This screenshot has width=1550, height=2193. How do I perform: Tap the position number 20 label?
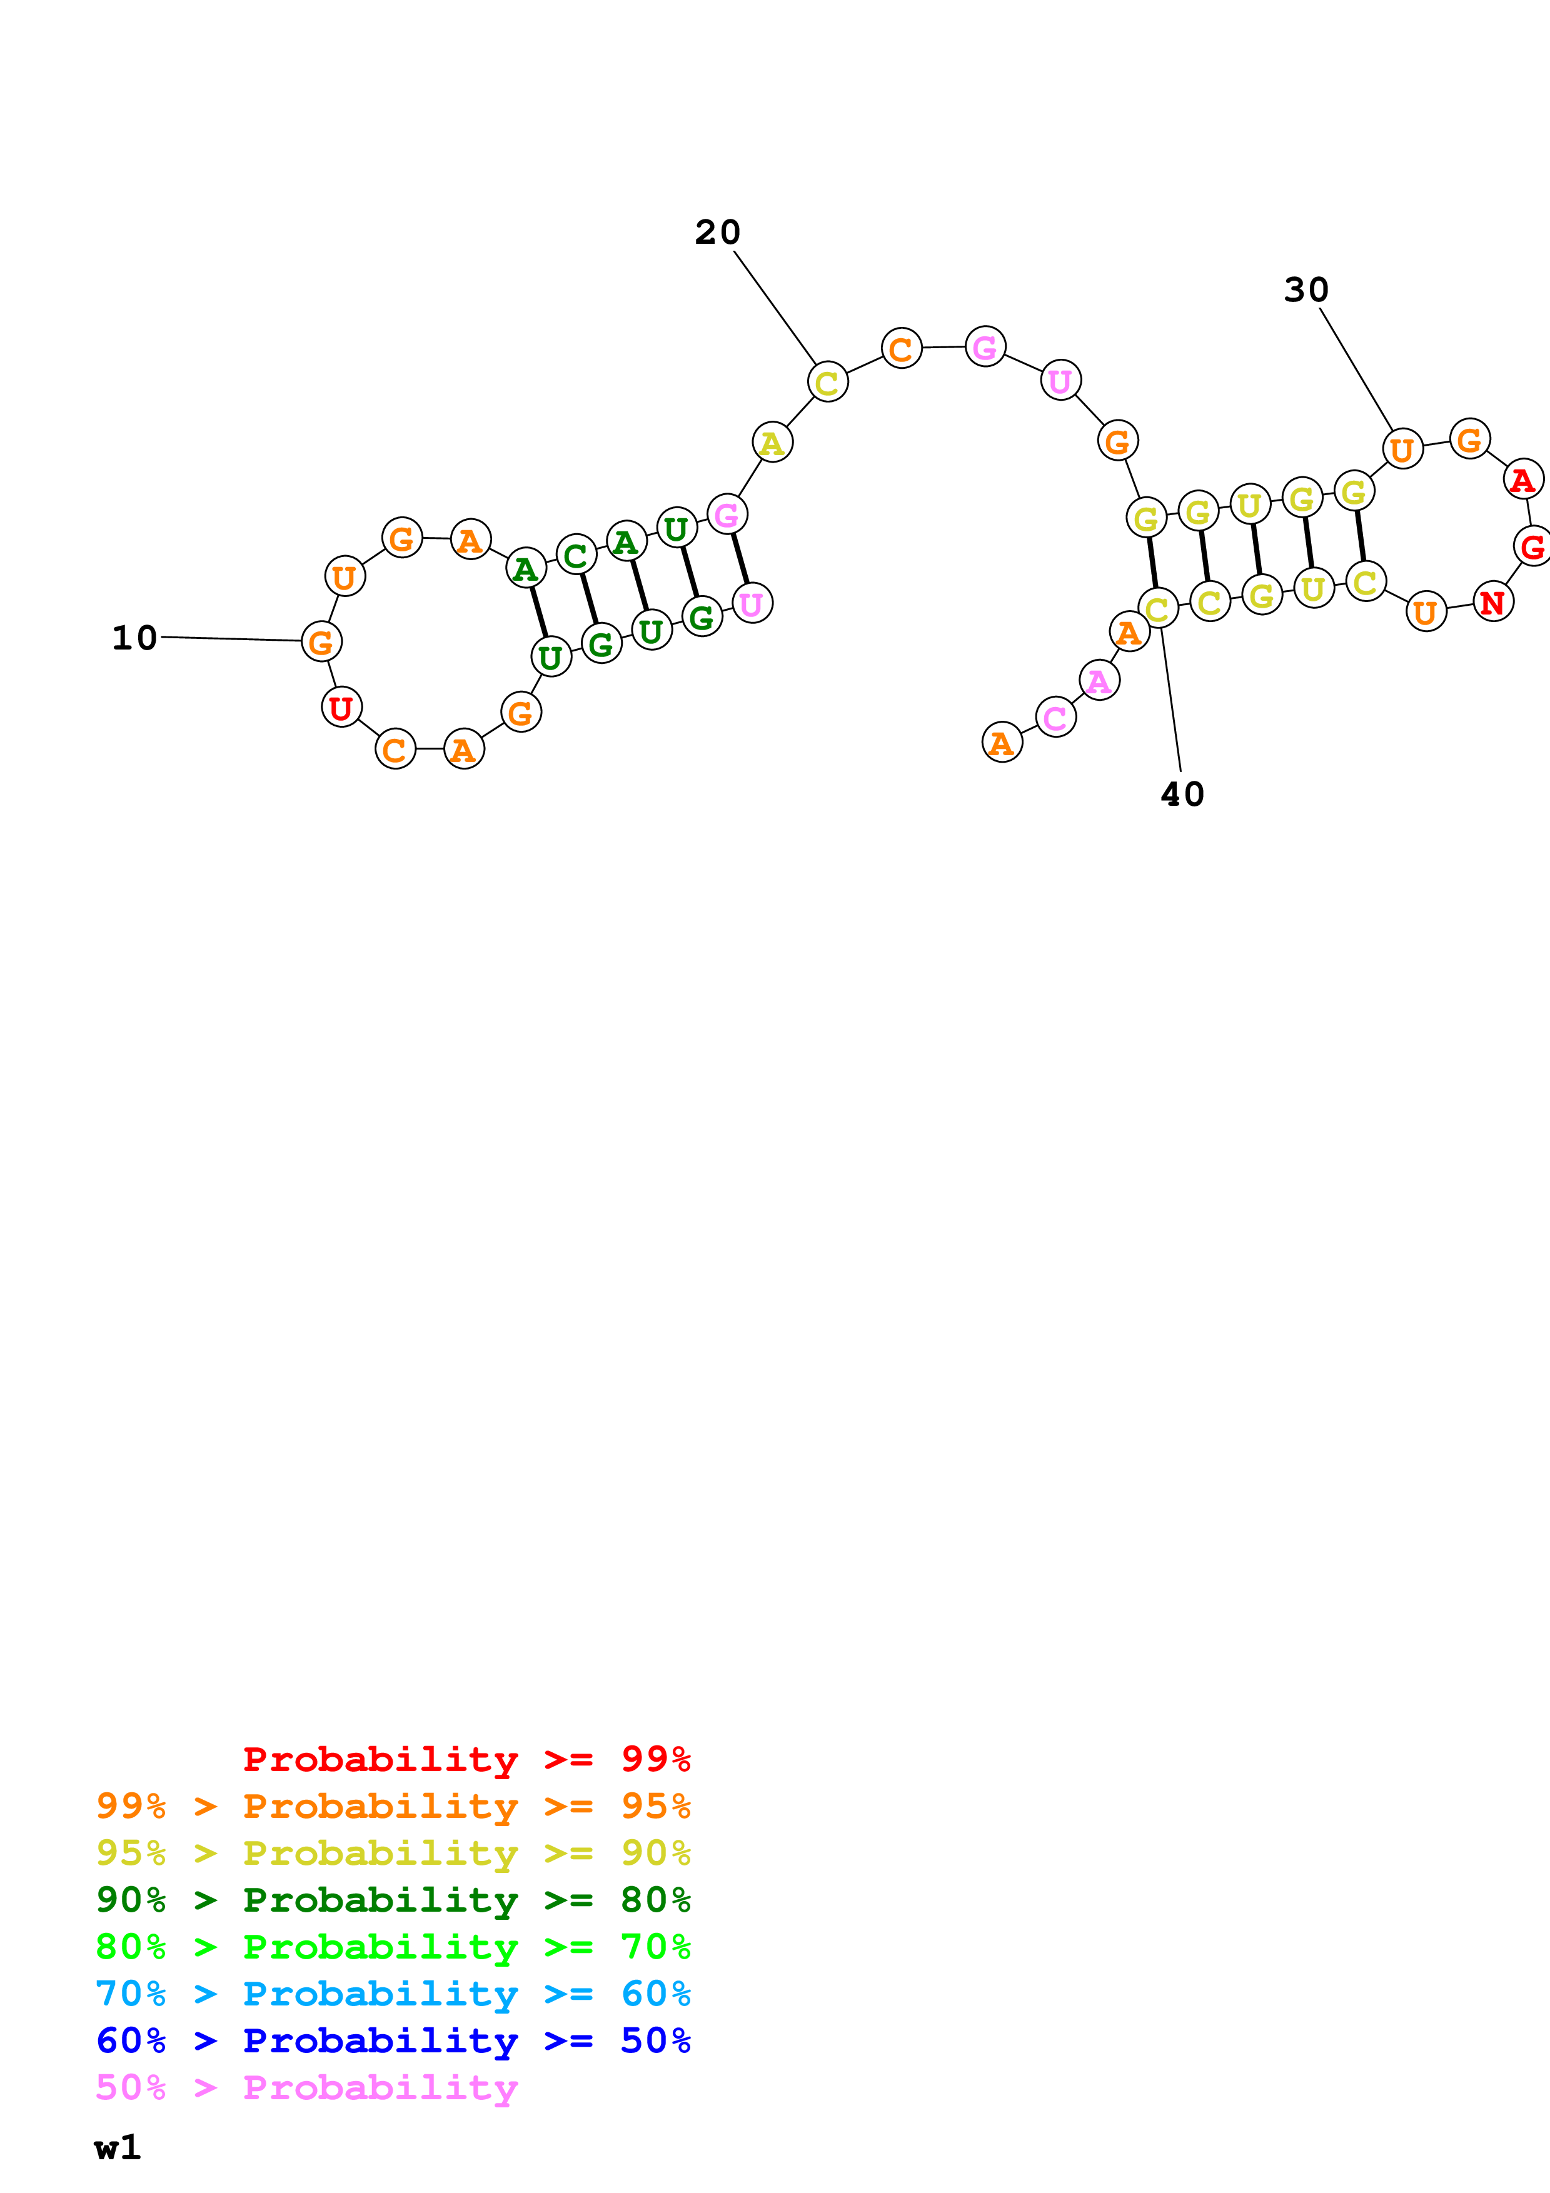click(x=717, y=232)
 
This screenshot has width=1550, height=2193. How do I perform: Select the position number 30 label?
click(x=1306, y=289)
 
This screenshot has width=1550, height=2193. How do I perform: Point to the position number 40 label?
click(x=1182, y=794)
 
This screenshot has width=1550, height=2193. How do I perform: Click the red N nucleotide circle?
click(x=1492, y=602)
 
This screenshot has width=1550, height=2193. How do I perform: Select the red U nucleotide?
click(x=341, y=708)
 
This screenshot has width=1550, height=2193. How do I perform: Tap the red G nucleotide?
click(x=1532, y=546)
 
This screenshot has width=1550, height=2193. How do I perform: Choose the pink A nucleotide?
click(x=1099, y=681)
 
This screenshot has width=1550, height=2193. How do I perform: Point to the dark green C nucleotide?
click(x=575, y=555)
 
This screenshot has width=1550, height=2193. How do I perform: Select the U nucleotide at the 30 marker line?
click(x=1402, y=449)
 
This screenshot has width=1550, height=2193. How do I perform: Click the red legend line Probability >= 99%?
click(x=466, y=1759)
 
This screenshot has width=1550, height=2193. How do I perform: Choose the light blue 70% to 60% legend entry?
click(x=393, y=1994)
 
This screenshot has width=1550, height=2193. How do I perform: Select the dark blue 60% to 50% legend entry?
click(x=393, y=2040)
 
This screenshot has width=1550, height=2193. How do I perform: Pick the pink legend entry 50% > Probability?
click(x=306, y=2087)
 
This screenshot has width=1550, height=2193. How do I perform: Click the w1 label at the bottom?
click(x=118, y=2147)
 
